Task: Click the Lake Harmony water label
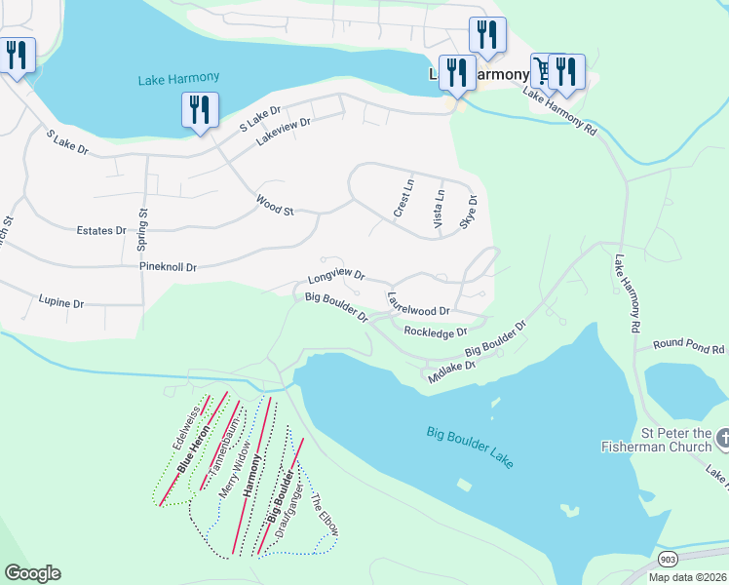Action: [x=180, y=77]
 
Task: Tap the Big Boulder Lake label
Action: [x=470, y=446]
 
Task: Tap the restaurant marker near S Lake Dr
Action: [x=200, y=109]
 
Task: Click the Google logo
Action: [x=32, y=573]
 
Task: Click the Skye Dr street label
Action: [x=473, y=213]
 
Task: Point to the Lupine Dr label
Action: [x=60, y=302]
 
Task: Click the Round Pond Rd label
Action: [x=689, y=346]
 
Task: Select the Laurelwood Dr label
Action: [x=418, y=304]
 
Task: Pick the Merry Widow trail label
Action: [x=236, y=470]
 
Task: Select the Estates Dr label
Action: [x=101, y=231]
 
